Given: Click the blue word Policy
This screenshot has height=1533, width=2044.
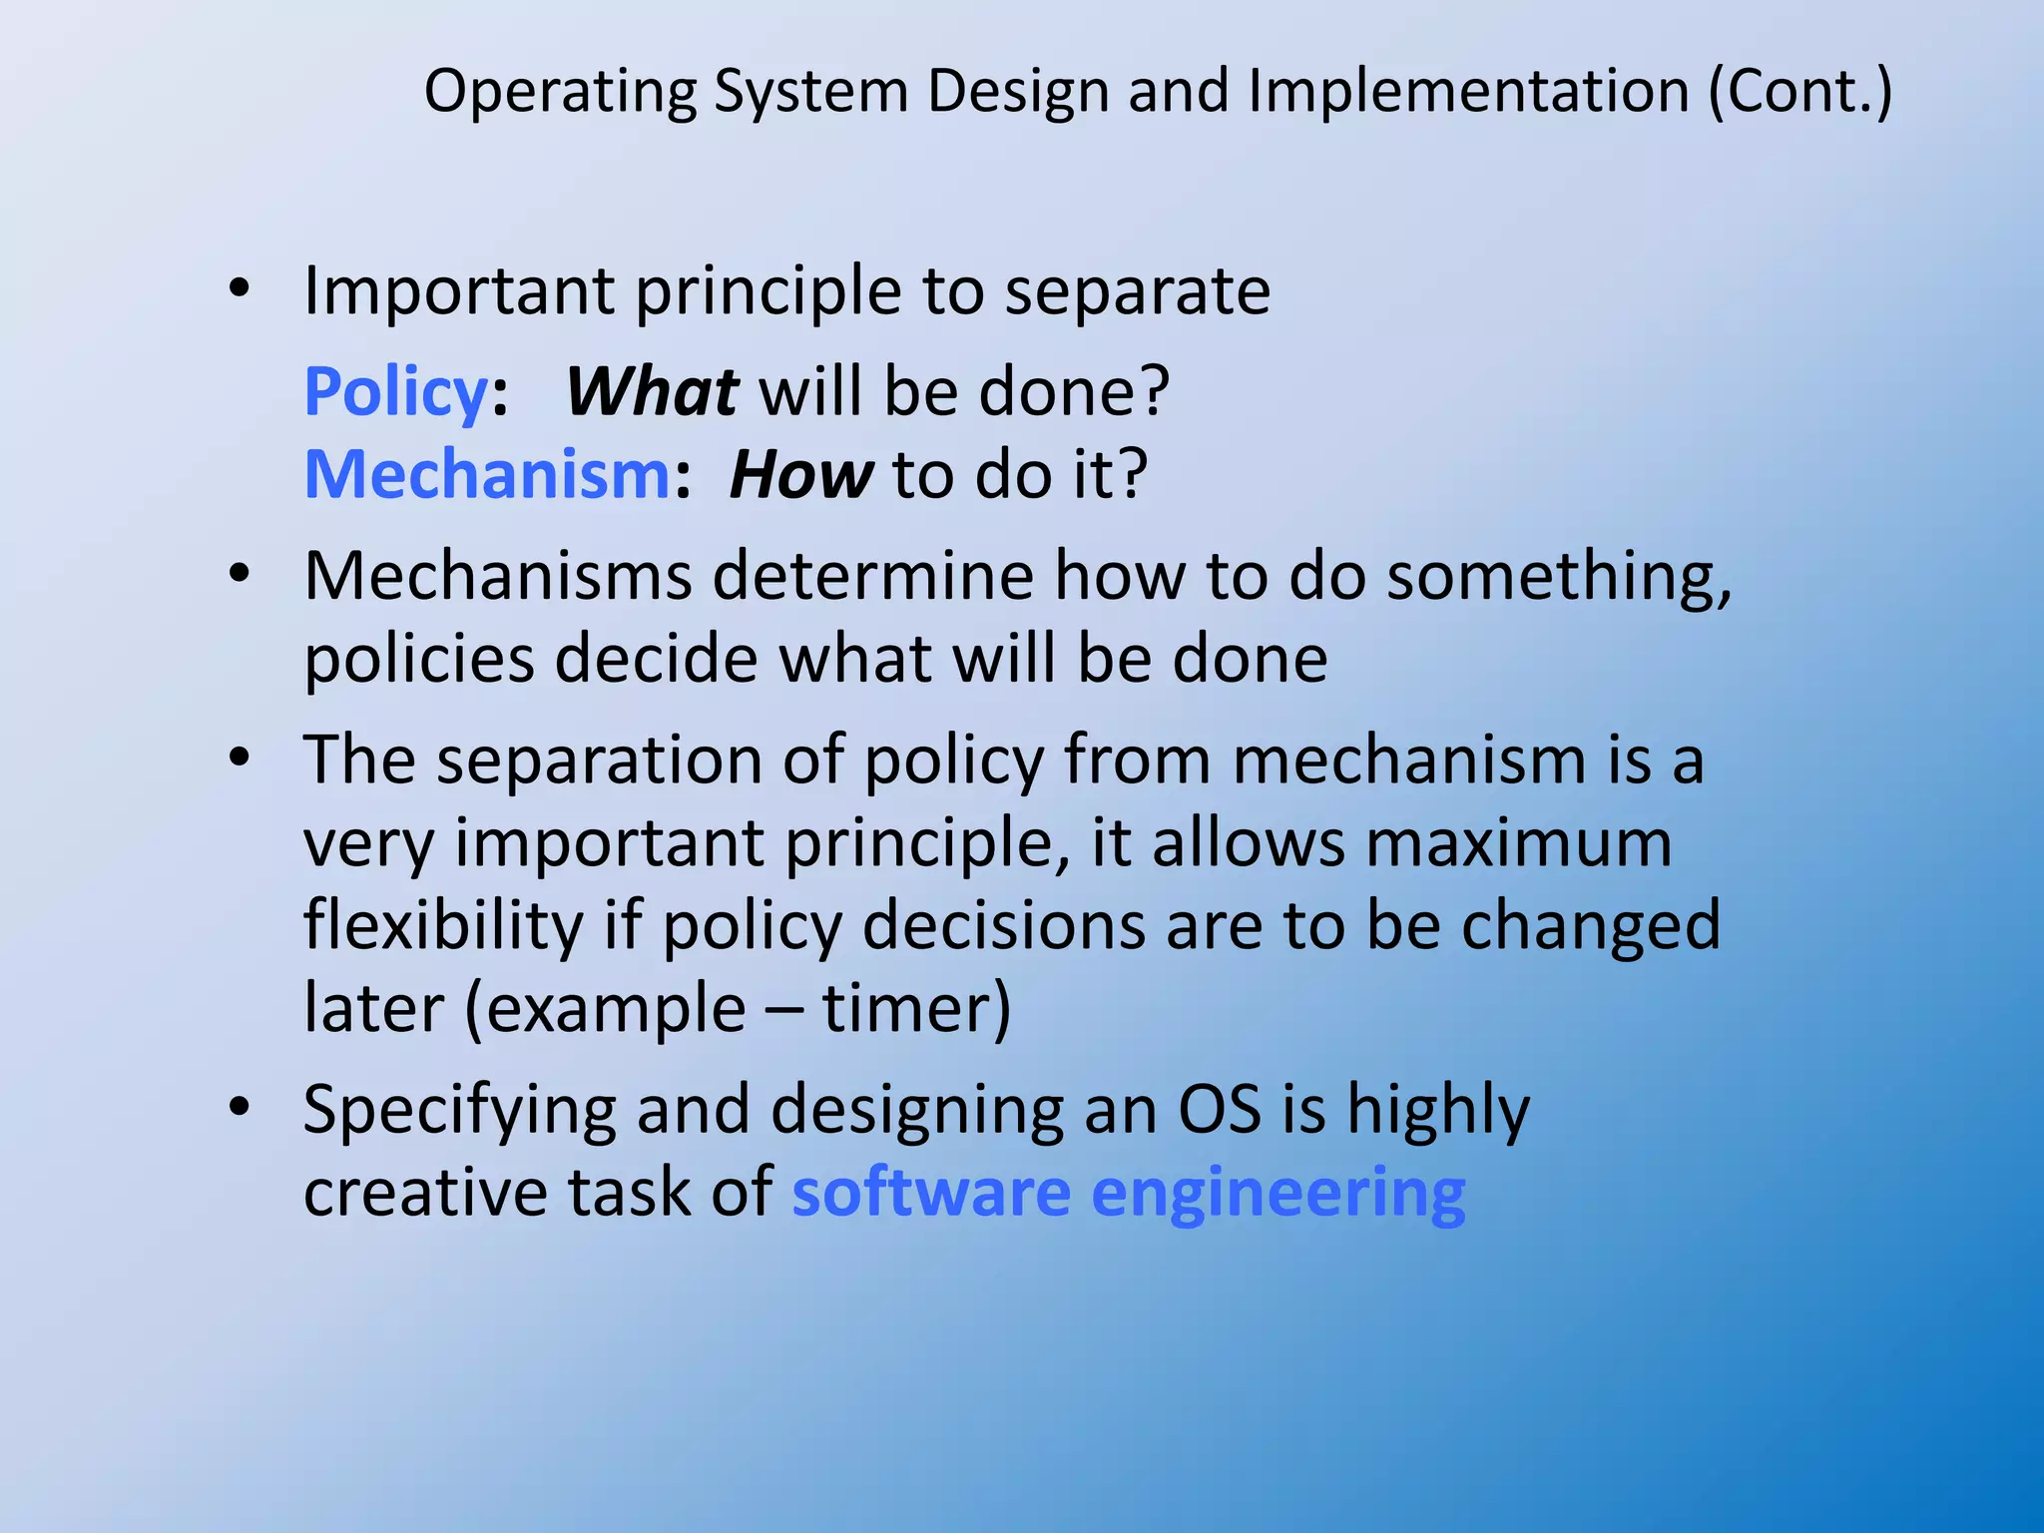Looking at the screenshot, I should click(395, 392).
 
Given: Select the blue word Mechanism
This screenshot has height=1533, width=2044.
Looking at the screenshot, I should click(486, 474).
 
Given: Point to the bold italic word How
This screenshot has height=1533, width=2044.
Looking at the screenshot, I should click(800, 474).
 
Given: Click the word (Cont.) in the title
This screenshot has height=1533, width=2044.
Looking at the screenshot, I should click(1799, 92).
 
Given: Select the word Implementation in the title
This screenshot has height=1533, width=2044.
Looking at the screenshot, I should click(1469, 92).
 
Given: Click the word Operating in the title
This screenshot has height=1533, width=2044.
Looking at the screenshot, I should click(560, 92).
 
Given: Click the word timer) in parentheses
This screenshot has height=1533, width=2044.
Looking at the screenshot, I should click(916, 1008).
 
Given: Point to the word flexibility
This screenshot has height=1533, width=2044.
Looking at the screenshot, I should click(443, 925).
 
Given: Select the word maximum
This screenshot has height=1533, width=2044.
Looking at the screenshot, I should click(1518, 843).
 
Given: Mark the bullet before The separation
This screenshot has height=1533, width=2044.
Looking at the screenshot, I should click(239, 758).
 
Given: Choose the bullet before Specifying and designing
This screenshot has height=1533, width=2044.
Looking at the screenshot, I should click(239, 1107).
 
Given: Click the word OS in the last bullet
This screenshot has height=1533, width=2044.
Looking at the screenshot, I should click(1220, 1109).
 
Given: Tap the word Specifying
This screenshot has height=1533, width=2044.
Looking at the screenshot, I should click(458, 1111).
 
